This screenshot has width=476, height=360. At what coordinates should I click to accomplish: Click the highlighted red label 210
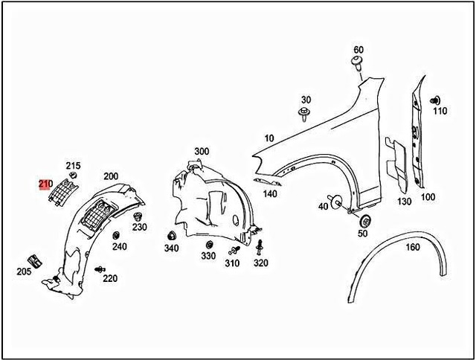45,184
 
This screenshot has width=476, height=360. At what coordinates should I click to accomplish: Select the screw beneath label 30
303,114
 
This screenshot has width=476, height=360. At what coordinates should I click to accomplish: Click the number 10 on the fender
269,138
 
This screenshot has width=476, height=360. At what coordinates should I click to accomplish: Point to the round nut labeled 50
365,221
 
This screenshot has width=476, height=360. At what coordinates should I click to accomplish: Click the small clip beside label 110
435,100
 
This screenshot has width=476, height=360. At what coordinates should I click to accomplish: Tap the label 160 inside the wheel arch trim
413,248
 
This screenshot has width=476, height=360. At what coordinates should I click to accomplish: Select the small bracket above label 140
267,181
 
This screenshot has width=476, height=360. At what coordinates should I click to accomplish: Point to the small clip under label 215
73,175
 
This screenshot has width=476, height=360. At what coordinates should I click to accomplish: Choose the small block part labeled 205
35,261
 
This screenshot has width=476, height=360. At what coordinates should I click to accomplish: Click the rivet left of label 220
100,269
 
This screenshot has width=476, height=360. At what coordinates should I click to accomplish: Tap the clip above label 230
138,216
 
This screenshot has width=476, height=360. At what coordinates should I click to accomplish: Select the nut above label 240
116,235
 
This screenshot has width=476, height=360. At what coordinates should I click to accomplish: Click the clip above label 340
172,236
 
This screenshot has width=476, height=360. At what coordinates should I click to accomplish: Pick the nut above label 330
209,245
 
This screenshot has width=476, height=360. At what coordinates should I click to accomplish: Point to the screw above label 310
234,250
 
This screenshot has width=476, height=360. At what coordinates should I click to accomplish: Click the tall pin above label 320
260,248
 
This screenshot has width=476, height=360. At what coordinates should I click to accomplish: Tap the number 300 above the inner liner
202,151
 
